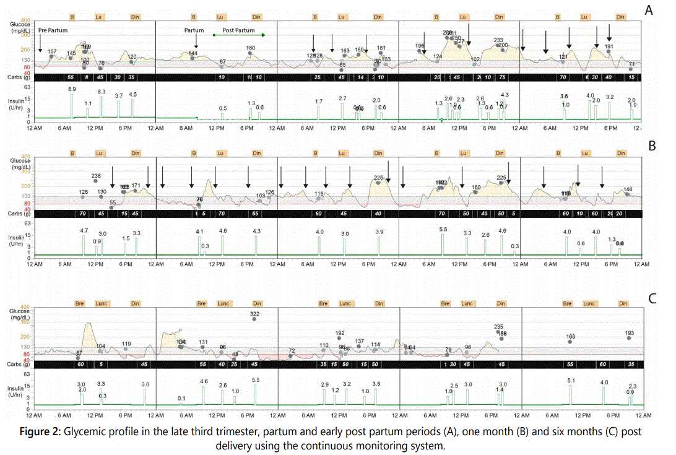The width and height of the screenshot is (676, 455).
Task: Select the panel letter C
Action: click(651, 298)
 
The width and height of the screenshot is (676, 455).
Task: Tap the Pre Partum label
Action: click(53, 30)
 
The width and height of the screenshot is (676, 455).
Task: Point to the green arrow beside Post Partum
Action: click(239, 35)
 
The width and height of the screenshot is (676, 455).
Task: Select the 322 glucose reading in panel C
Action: click(254, 314)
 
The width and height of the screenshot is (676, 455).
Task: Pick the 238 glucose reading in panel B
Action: click(96, 176)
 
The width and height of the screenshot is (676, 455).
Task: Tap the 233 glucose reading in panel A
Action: click(498, 40)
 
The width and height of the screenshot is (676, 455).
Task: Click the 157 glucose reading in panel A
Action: click(52, 51)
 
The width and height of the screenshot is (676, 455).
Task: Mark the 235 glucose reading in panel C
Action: click(499, 326)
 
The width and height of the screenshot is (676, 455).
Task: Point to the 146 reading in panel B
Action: click(628, 189)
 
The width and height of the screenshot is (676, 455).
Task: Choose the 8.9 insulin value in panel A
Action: click(72, 89)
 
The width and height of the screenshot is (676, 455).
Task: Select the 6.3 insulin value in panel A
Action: click(102, 92)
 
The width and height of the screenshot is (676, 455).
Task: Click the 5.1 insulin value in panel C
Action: click(571, 380)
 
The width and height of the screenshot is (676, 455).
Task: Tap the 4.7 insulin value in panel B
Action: click(84, 230)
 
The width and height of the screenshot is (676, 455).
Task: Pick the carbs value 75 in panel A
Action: click(503, 77)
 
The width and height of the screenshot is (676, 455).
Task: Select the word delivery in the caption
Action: click(236, 445)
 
